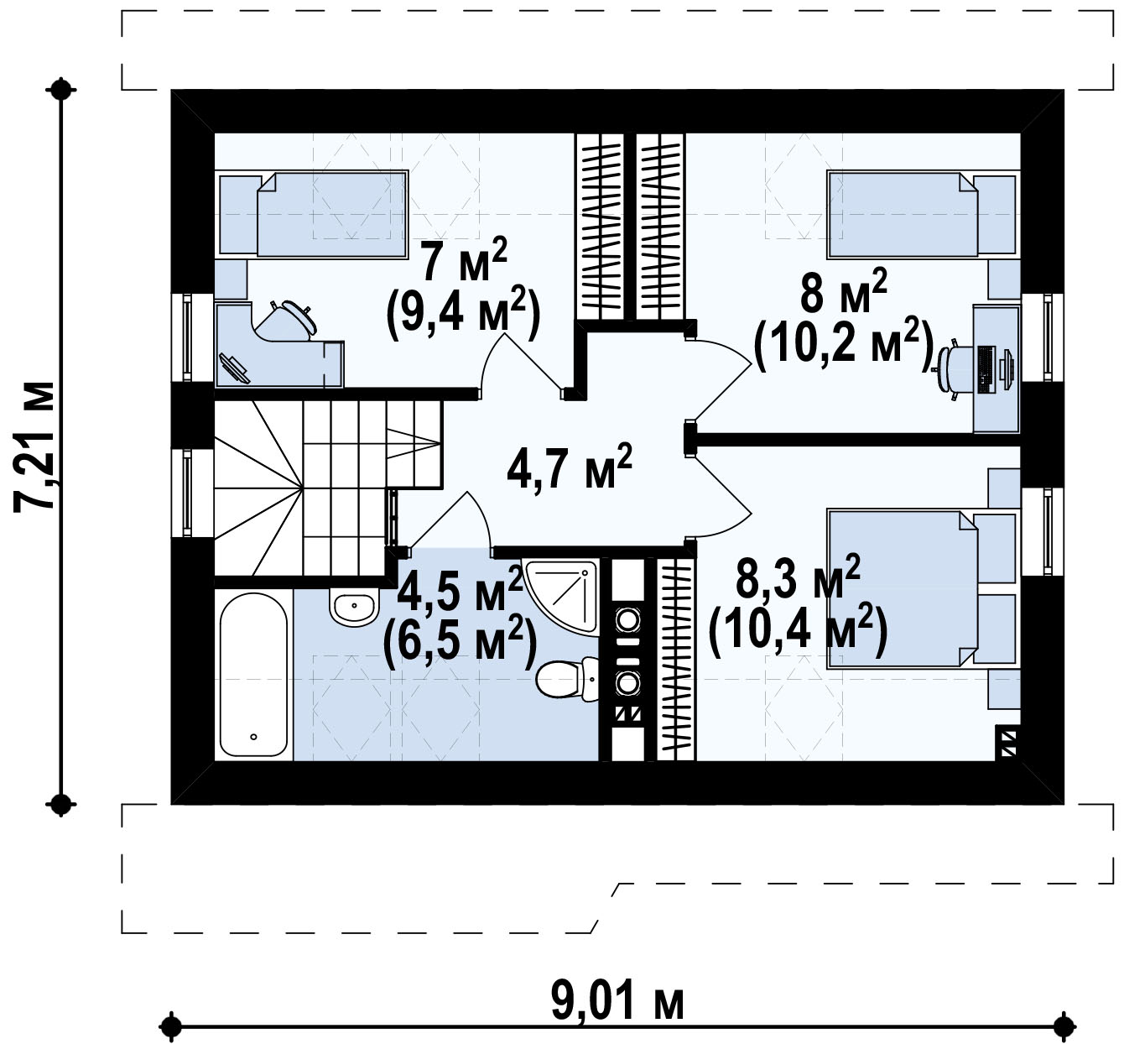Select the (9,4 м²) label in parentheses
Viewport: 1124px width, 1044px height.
(463, 314)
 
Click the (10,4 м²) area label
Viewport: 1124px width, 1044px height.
(798, 632)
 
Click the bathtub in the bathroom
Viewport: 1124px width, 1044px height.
(253, 674)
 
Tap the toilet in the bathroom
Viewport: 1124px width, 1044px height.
(567, 679)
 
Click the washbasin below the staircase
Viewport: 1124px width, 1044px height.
(354, 607)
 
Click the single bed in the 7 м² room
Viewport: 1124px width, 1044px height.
(314, 215)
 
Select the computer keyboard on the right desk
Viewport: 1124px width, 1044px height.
(986, 369)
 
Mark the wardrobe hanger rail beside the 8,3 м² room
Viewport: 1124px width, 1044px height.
(676, 660)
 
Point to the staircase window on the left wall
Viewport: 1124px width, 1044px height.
(186, 493)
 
